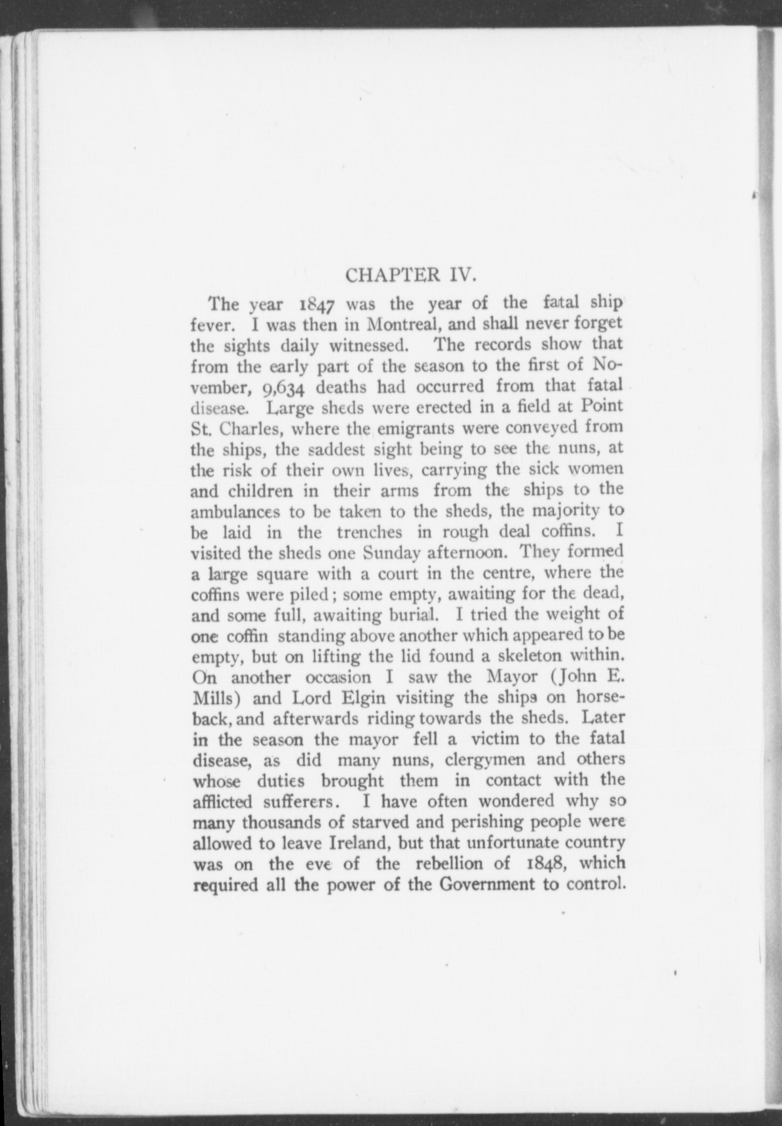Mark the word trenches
pos(370,532)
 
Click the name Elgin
pos(365,698)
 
